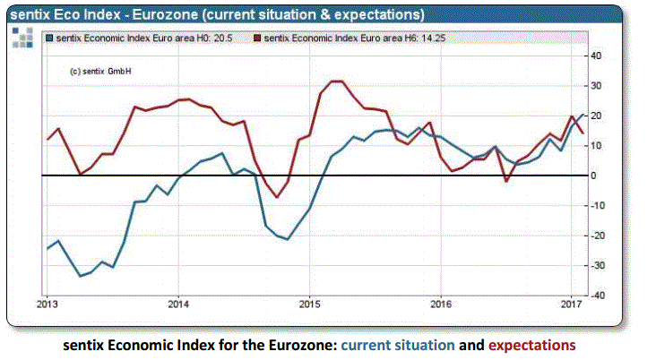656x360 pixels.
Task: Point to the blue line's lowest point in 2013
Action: [81, 276]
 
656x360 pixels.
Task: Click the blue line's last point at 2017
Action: [583, 115]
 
